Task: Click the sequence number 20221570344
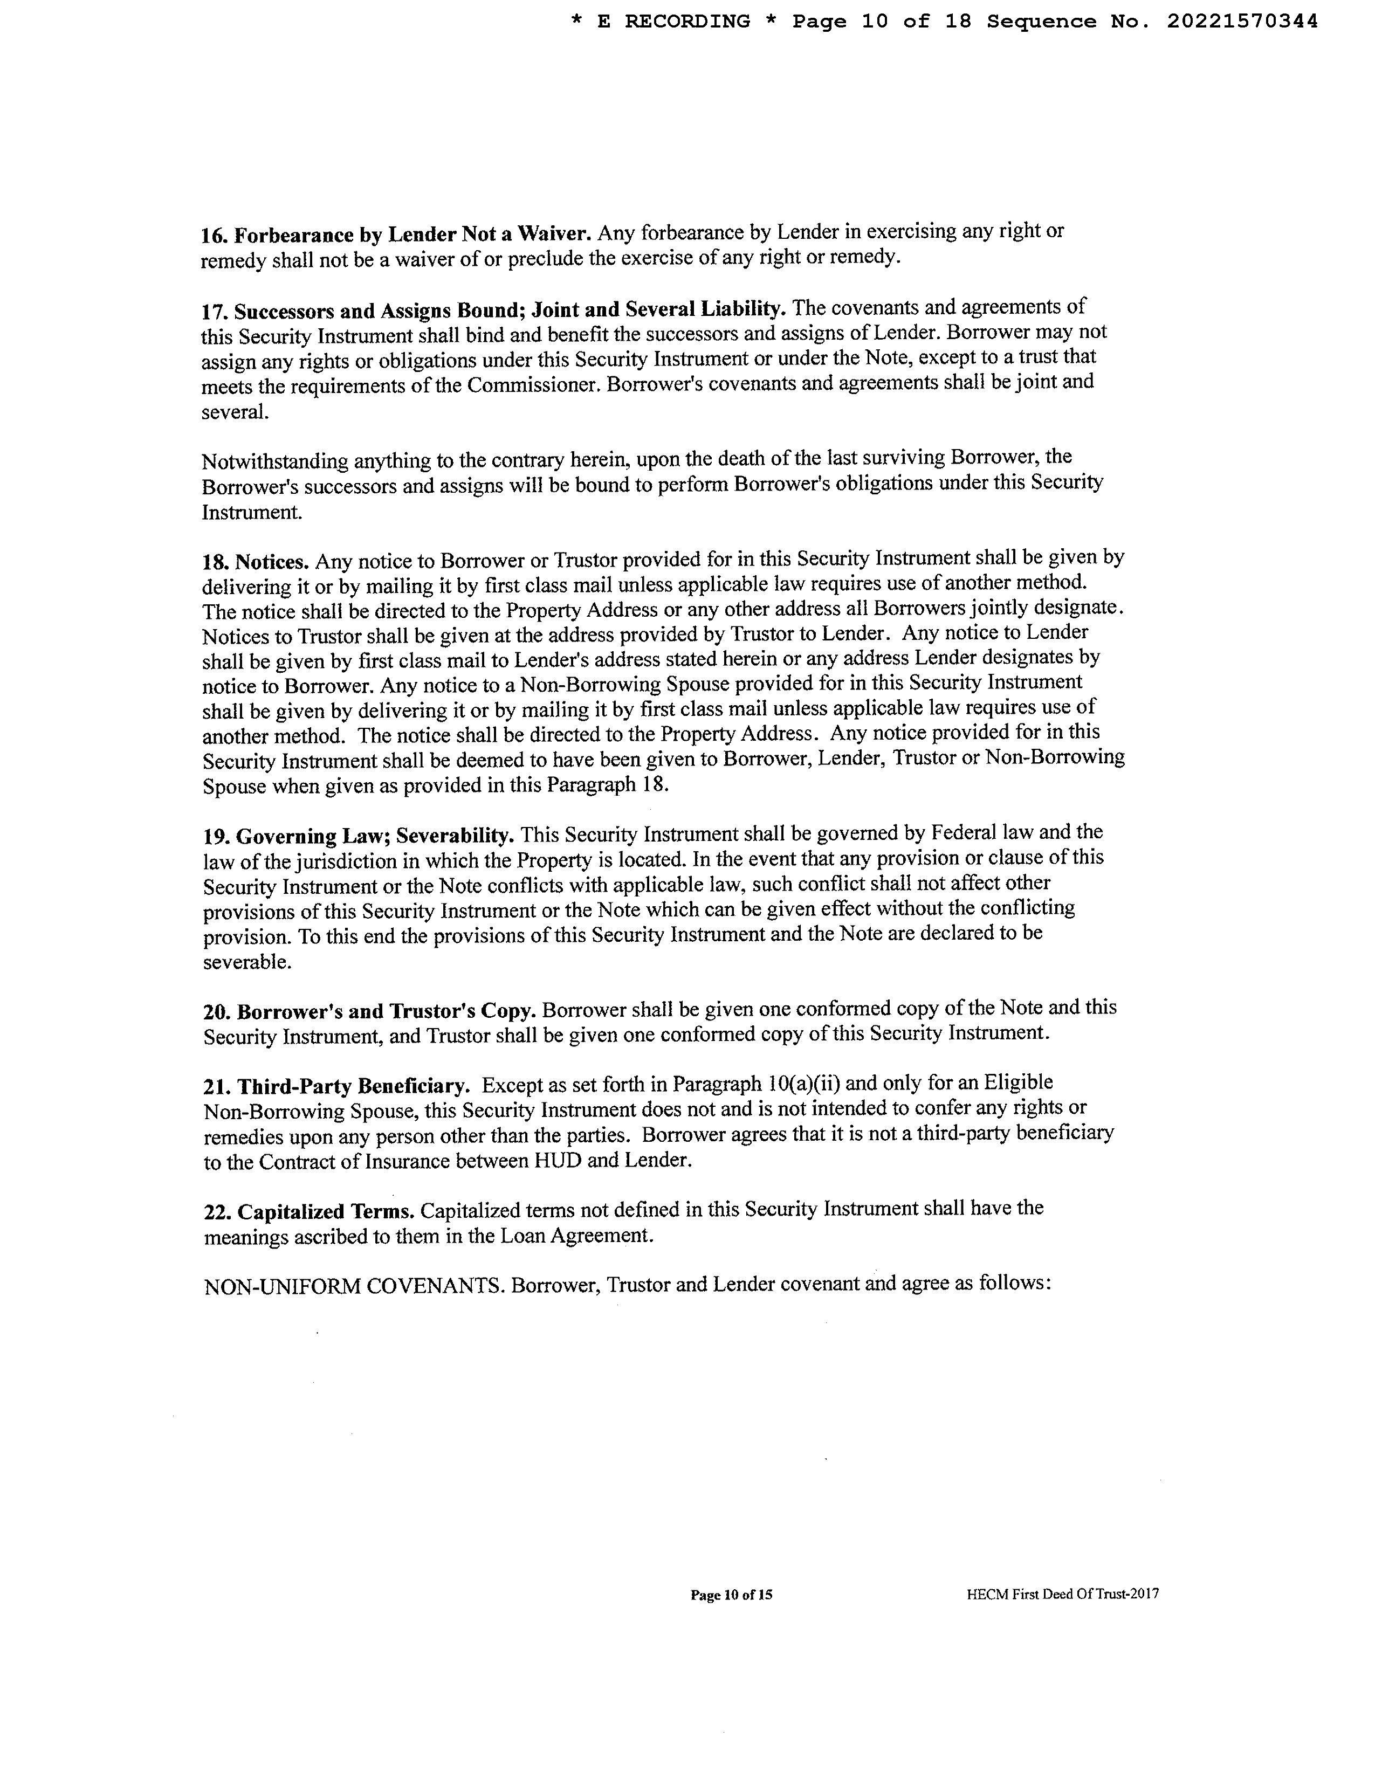pos(1242,22)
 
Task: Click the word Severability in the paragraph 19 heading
pos(455,836)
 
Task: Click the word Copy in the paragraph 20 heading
pos(510,1010)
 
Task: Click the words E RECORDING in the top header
pos(673,22)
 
